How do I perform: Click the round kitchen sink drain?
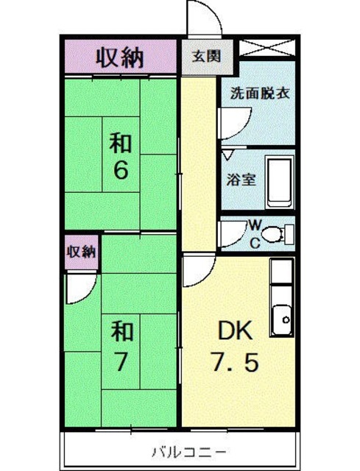click(x=286, y=319)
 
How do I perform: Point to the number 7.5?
click(x=235, y=363)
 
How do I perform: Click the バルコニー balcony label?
click(x=180, y=450)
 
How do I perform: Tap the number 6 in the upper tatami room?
click(x=121, y=170)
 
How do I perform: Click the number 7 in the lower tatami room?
click(x=121, y=362)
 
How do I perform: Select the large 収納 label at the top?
click(x=121, y=56)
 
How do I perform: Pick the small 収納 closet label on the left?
click(x=82, y=252)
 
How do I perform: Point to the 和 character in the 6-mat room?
click(x=121, y=140)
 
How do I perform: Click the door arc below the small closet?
click(x=79, y=289)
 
